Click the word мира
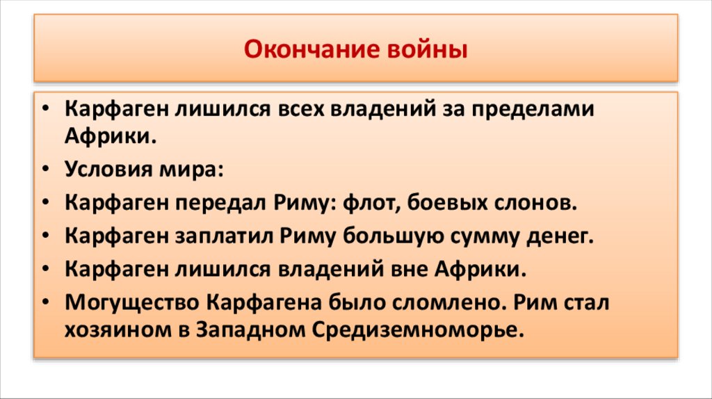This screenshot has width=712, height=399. tap(188, 169)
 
